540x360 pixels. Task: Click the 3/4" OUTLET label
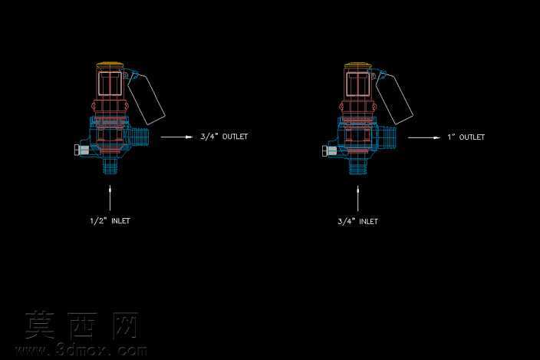pos(224,137)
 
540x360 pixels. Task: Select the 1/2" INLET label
pos(110,221)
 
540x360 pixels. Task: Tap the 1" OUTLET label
pos(466,137)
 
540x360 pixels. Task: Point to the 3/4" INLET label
pos(357,222)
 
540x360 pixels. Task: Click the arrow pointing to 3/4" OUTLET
pos(176,137)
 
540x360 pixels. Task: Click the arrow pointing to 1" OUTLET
pos(424,138)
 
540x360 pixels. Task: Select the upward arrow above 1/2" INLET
pos(110,198)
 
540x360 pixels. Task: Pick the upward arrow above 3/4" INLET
pos(357,199)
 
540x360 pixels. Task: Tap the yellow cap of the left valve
pos(110,64)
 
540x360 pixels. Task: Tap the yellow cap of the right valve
pos(357,65)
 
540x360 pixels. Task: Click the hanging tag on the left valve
pos(146,99)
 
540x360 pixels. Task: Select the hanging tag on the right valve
pos(394,99)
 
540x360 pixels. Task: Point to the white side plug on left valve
pos(81,150)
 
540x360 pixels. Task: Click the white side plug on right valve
pos(329,150)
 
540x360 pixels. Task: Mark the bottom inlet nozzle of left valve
pos(110,166)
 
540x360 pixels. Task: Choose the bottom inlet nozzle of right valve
pos(358,166)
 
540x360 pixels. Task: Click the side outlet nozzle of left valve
pos(140,137)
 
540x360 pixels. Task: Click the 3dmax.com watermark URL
pos(82,350)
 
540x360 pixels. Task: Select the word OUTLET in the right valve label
pos(472,137)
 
